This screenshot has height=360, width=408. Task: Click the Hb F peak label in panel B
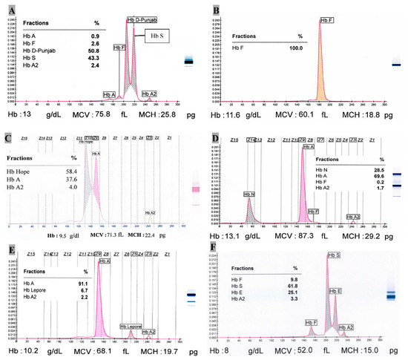pos(328,20)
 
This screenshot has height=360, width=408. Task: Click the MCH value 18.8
pos(366,109)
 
